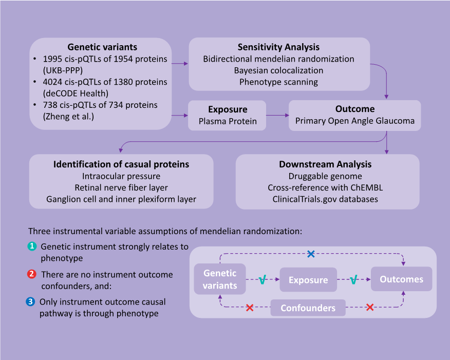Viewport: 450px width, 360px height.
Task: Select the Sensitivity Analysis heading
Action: tap(278, 47)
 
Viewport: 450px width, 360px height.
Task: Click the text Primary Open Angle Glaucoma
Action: tap(354, 121)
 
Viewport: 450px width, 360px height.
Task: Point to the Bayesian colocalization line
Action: tap(278, 70)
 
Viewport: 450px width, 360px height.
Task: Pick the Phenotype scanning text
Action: tap(278, 82)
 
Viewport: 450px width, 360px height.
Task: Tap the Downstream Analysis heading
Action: tap(325, 164)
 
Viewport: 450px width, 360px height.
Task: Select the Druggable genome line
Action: tap(325, 176)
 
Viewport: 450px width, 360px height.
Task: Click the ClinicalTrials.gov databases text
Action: tap(325, 199)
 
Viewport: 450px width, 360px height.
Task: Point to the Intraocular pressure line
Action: tap(121, 176)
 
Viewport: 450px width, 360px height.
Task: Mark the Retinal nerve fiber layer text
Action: tap(121, 187)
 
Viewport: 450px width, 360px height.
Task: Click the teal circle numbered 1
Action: tap(32, 247)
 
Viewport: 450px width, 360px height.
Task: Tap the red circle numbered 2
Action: tap(32, 274)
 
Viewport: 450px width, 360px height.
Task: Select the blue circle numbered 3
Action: tap(32, 302)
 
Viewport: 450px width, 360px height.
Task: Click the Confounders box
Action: tap(308, 308)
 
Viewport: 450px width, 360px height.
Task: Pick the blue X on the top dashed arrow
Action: tap(310, 254)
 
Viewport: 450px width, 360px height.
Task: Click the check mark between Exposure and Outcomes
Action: tap(353, 280)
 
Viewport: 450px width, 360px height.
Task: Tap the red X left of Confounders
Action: tap(250, 308)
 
